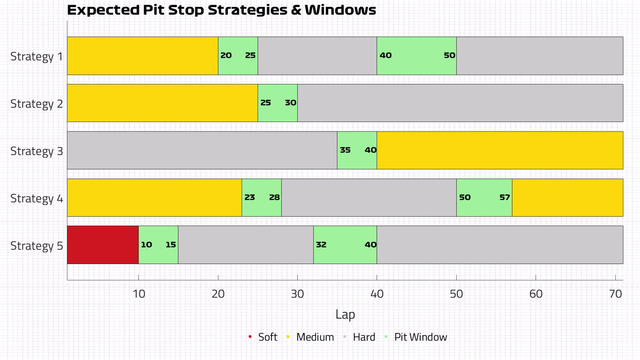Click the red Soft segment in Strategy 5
pos(103,245)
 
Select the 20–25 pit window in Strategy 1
pos(238,56)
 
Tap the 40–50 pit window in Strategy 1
pos(417,56)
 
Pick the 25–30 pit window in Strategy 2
pos(278,103)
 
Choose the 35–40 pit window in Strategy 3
pos(357,150)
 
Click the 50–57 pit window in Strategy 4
pos(484,198)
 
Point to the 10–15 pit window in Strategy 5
pos(158,245)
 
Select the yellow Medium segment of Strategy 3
pos(500,150)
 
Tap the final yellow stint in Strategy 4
pos(567,198)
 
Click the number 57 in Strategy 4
pos(505,197)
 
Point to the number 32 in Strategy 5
pos(321,245)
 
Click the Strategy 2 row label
pos(37,104)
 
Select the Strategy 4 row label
pos(37,199)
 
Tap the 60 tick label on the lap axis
pos(536,294)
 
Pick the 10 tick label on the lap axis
pos(139,294)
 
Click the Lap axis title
pos(345,314)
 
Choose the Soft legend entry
pos(263,337)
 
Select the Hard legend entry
pos(359,337)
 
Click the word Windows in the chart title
pos(340,10)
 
